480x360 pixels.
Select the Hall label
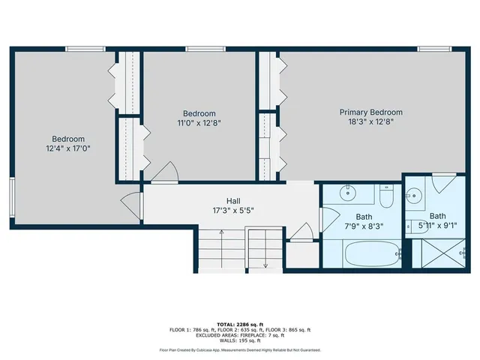tap(233, 201)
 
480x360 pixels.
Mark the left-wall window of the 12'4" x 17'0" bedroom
tap(11, 196)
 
